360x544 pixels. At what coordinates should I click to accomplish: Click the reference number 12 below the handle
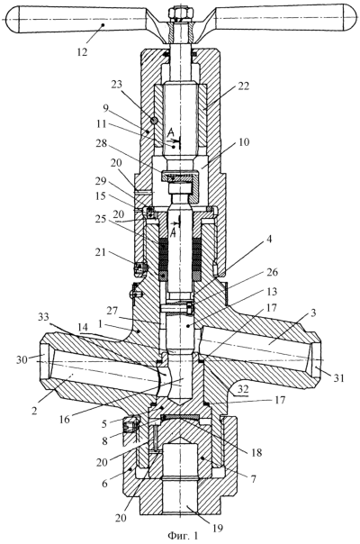[82, 52]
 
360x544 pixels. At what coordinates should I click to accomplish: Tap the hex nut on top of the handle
[180, 14]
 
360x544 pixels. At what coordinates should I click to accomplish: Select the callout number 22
[244, 86]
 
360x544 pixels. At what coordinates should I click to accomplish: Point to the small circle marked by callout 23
[154, 120]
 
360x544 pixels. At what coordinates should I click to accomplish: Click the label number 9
[106, 108]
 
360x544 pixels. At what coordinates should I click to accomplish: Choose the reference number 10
[244, 142]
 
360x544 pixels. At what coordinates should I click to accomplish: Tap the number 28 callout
[101, 143]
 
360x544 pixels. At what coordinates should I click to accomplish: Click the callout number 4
[269, 239]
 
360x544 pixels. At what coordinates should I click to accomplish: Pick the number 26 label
[272, 272]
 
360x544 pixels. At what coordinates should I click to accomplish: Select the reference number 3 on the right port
[313, 313]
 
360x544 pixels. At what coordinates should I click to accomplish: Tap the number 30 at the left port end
[22, 359]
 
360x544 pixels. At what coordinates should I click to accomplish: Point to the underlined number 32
[243, 389]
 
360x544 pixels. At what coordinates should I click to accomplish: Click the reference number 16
[64, 419]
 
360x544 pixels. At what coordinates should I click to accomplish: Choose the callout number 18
[256, 452]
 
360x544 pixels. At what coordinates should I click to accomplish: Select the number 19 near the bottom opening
[218, 528]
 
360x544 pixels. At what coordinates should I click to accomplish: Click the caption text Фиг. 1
[183, 536]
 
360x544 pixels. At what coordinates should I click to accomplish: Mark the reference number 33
[43, 317]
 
